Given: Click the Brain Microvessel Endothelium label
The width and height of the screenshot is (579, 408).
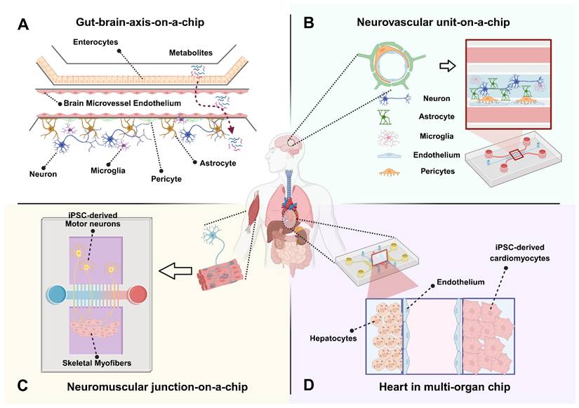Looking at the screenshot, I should (123, 103).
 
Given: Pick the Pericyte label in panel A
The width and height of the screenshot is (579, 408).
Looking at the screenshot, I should (164, 179).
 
